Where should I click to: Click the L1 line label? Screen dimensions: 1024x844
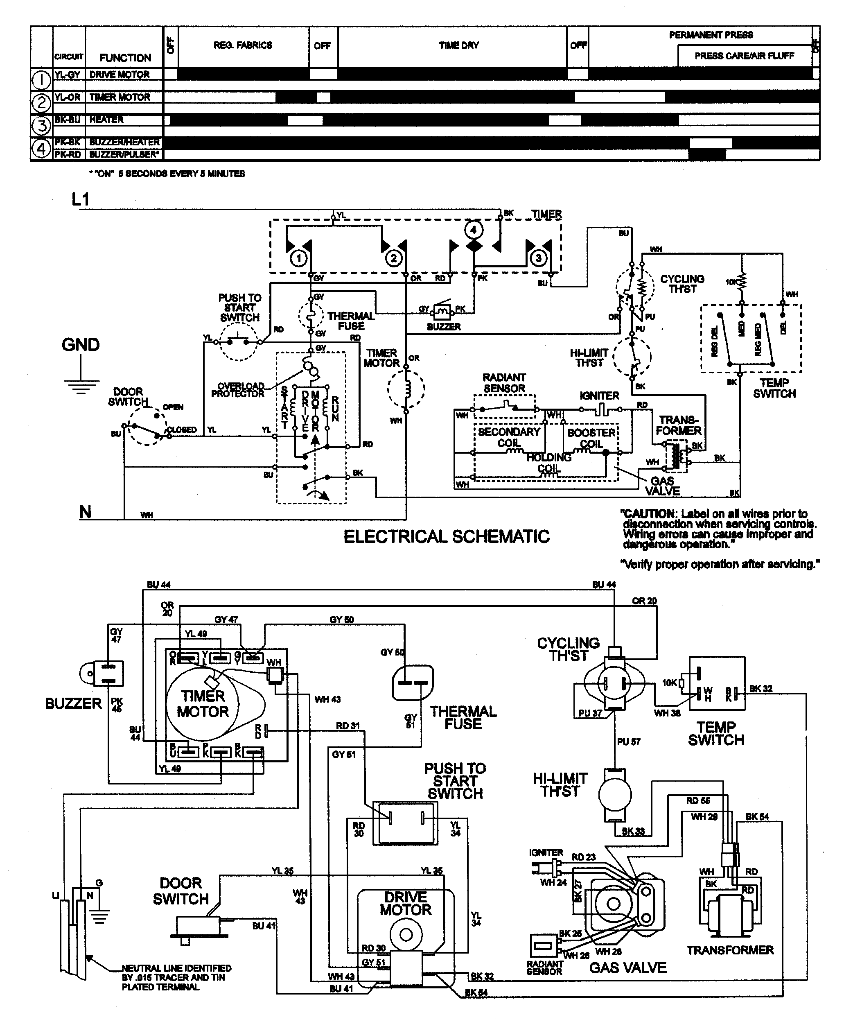tap(81, 199)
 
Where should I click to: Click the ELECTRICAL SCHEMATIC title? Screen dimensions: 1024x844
tap(446, 537)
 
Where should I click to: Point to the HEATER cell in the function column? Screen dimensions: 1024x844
tap(106, 119)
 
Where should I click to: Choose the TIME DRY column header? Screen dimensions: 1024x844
tap(458, 45)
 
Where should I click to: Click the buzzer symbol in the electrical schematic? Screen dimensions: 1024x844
tap(443, 310)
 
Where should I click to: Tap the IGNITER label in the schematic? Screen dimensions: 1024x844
tap(599, 396)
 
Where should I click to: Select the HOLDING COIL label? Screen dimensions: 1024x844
tap(549, 463)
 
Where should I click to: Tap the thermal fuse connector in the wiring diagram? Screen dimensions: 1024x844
tap(412, 683)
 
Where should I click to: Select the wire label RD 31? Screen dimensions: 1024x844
tap(348, 726)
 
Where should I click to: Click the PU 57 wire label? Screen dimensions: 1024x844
tap(629, 741)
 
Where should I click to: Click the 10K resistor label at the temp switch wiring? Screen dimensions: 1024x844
tap(670, 683)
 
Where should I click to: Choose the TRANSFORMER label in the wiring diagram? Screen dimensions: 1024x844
tap(730, 950)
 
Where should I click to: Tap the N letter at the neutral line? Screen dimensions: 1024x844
tap(85, 512)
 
